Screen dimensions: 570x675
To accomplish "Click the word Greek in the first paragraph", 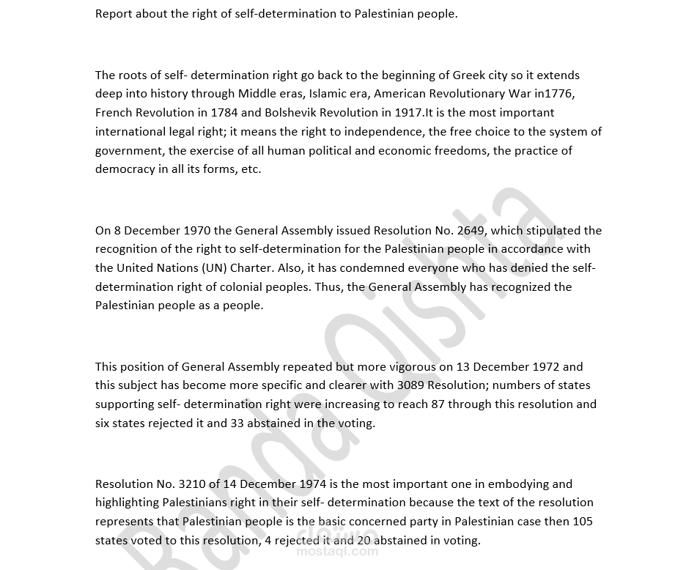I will click(469, 75).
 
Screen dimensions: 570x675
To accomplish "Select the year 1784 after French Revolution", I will click(225, 113).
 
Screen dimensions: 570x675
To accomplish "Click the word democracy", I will click(125, 169).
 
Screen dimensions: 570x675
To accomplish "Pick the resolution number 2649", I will click(471, 231).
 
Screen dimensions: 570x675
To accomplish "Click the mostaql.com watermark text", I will click(337, 552).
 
